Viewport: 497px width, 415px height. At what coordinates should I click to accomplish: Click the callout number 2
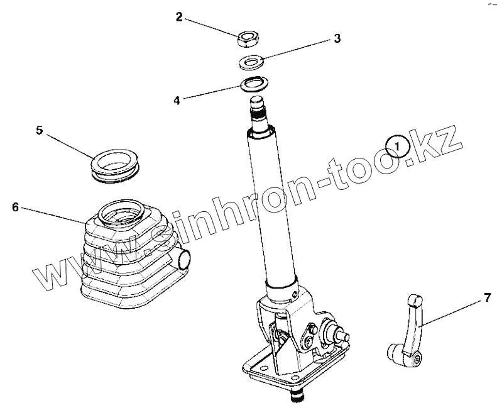point(180,17)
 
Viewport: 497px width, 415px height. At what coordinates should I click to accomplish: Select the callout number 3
point(337,38)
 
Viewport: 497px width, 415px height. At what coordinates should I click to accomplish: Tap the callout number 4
point(177,101)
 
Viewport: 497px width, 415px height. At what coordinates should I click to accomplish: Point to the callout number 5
point(40,130)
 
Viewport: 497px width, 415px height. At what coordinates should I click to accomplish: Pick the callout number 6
point(15,207)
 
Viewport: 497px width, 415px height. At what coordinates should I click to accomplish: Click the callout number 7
point(488,298)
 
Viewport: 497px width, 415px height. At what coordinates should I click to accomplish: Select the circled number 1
point(398,147)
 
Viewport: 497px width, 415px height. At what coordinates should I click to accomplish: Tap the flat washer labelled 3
point(252,62)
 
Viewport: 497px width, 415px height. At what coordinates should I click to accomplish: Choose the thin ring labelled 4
point(254,84)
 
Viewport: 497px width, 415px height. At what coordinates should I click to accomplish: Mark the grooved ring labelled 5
point(115,165)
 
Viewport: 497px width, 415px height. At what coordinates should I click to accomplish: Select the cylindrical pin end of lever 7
point(394,353)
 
